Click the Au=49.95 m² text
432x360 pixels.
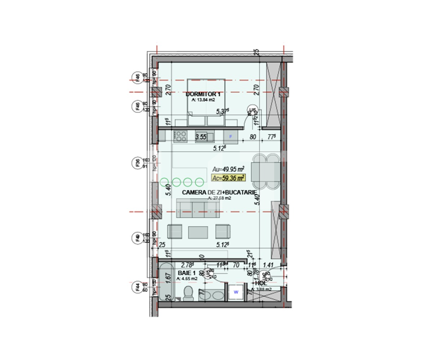(229, 168)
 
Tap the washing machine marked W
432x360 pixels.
(236, 292)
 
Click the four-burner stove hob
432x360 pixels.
(181, 136)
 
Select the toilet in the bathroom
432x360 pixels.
(188, 293)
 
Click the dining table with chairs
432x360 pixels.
(267, 171)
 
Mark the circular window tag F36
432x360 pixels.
(137, 163)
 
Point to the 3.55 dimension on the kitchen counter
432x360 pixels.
(201, 137)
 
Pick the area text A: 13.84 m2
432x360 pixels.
(203, 100)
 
